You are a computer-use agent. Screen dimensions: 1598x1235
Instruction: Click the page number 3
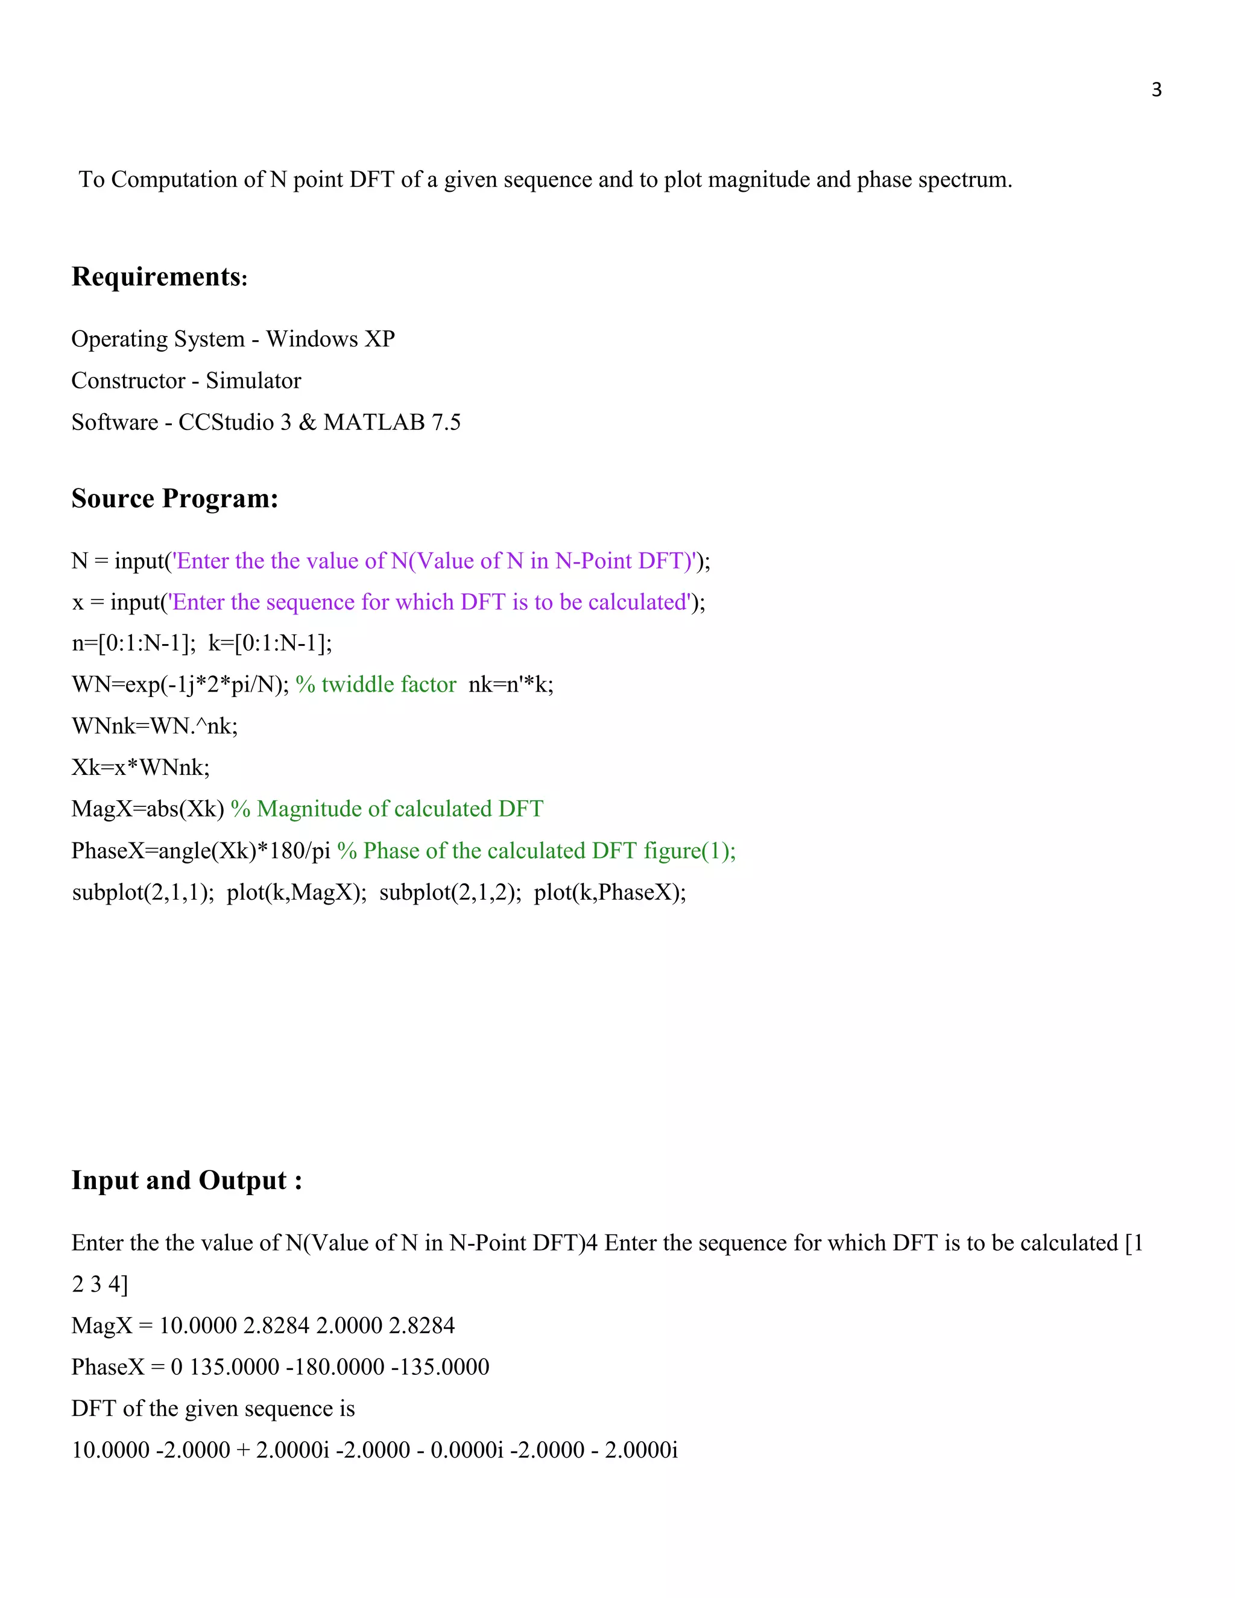click(x=1156, y=90)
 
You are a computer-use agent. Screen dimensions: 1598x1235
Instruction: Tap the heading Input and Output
click(x=186, y=1180)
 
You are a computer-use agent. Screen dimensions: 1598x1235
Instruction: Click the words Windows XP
click(x=330, y=339)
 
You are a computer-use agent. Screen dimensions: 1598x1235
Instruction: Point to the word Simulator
click(x=253, y=381)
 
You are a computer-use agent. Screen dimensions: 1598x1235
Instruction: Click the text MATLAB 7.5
click(x=391, y=422)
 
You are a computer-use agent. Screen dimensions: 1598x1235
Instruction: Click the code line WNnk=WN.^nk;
click(x=154, y=726)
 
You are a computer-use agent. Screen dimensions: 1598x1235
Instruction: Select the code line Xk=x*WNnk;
click(x=141, y=768)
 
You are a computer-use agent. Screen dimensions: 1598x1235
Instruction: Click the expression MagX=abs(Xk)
click(x=148, y=809)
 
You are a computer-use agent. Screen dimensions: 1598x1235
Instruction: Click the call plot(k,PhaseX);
click(x=610, y=892)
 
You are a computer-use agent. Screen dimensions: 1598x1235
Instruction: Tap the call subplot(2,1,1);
click(x=143, y=892)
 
